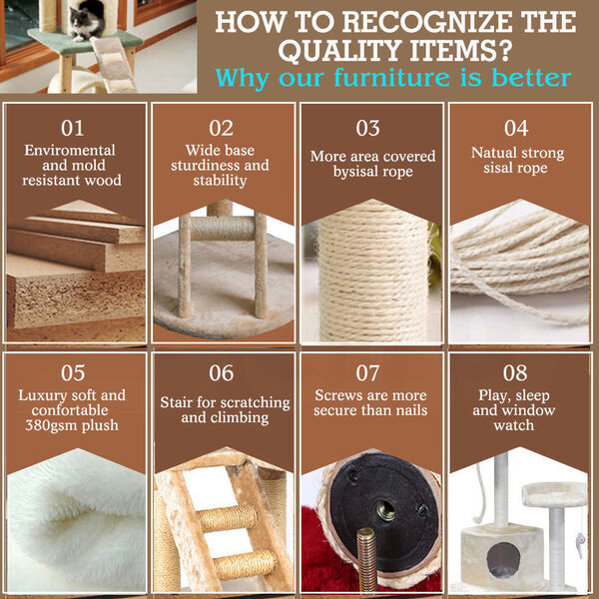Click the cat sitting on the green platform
(87, 22)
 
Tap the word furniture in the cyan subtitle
(392, 78)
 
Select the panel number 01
(72, 128)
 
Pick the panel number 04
(516, 128)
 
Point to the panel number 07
(367, 372)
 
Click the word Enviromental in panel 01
(70, 150)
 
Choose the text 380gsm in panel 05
(49, 425)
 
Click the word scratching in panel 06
(256, 402)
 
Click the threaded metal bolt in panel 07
(366, 560)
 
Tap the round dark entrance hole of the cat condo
(503, 559)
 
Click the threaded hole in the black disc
(385, 510)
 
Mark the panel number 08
(514, 372)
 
